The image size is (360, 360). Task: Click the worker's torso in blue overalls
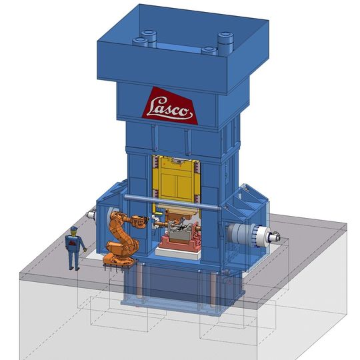pos(74,243)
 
